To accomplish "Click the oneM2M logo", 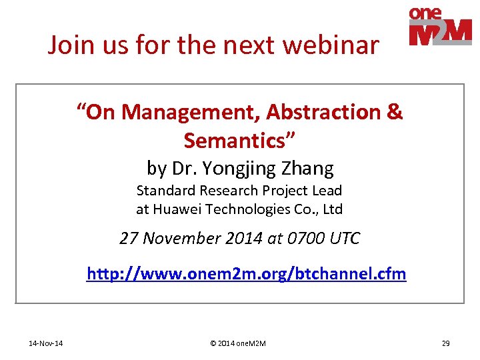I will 440,26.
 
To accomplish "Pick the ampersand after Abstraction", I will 395,112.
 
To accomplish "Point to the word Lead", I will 327,190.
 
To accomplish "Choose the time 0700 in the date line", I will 305,238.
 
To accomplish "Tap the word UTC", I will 344,238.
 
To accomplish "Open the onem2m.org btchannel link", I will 247,274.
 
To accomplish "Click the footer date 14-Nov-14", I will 46,343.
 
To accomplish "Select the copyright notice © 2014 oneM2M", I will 238,343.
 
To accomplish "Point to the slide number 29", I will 445,343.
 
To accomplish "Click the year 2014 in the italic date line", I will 243,238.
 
